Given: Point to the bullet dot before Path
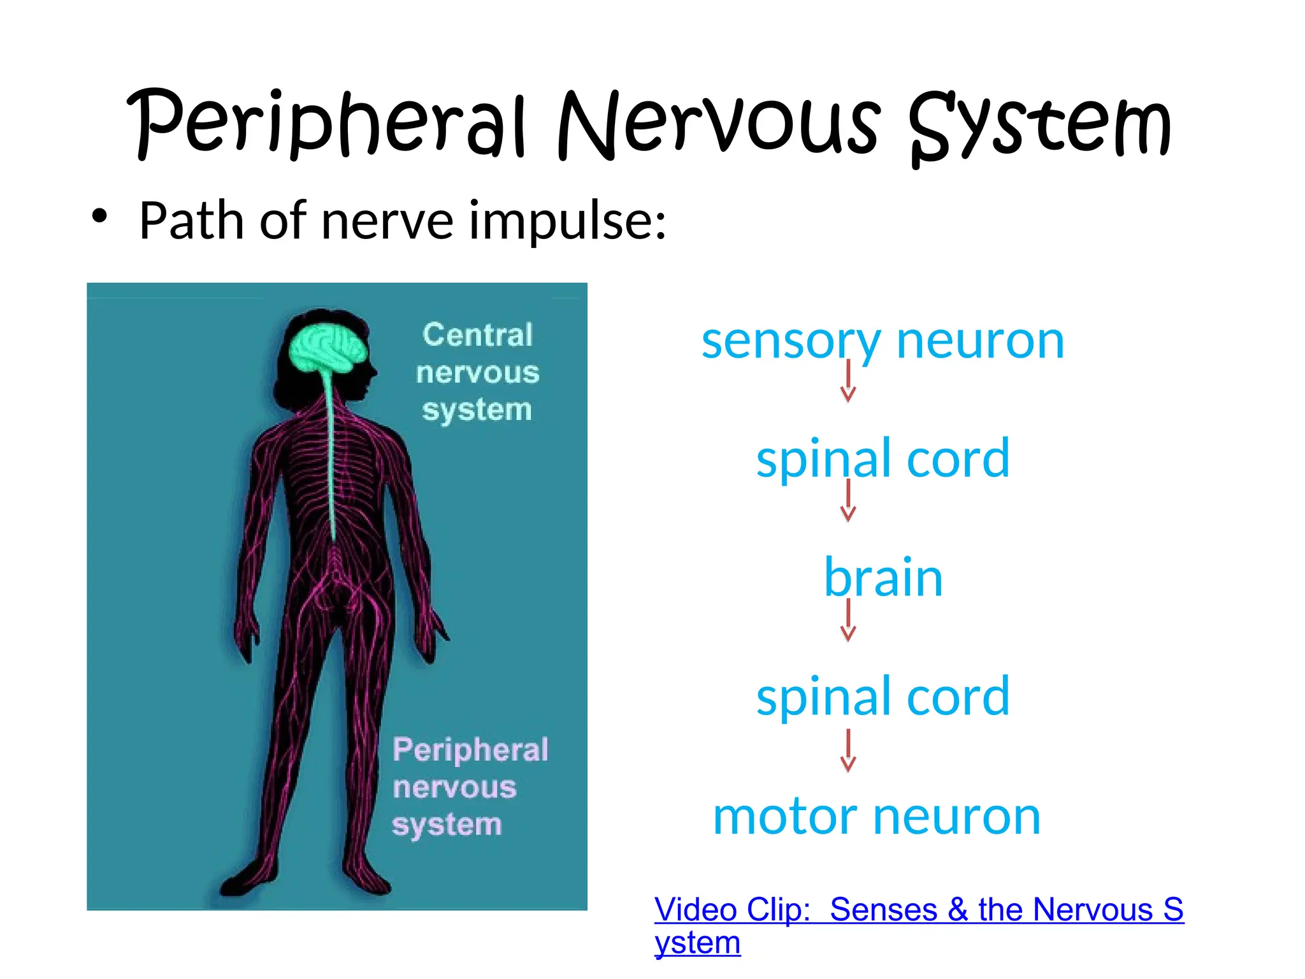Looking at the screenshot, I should (99, 216).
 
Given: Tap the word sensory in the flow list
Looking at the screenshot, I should (790, 342).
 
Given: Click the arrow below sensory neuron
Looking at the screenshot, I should (848, 381).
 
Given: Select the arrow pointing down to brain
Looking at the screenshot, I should (848, 501).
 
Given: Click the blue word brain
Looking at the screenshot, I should (883, 577).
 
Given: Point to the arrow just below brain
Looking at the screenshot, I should (848, 620).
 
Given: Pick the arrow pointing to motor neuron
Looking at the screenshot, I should (848, 751).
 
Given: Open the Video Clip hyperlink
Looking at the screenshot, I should (918, 910).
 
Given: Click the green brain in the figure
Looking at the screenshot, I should (328, 348).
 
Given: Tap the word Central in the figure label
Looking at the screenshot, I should (477, 335).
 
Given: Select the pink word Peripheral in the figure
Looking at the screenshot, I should (470, 750).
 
